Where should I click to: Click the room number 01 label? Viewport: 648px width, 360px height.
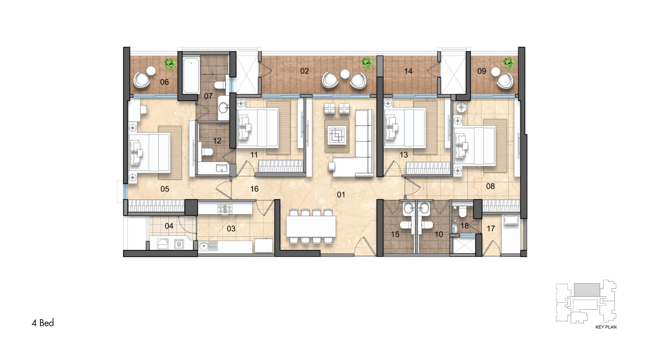341,194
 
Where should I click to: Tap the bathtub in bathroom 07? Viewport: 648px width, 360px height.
191,75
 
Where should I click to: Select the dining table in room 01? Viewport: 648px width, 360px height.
311,226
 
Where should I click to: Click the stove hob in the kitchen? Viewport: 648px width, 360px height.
225,209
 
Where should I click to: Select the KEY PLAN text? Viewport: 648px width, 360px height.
606,327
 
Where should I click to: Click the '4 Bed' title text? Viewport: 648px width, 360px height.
43,323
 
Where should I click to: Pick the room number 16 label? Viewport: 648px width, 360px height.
254,189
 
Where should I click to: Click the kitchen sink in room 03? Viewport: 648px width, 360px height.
208,246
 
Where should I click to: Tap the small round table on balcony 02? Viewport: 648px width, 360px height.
345,74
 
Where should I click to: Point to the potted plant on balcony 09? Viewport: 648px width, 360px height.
509,63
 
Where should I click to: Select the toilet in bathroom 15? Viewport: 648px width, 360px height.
405,225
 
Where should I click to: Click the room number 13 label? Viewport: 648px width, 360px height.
404,155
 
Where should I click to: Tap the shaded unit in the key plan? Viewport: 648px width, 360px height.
587,289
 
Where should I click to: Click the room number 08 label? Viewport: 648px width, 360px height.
491,186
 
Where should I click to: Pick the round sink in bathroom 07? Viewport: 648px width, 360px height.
223,107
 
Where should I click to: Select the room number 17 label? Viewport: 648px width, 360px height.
491,228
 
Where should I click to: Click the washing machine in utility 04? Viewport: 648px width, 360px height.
163,244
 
